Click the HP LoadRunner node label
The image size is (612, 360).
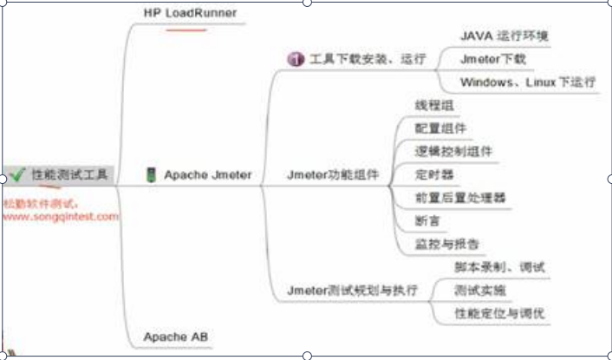click(190, 12)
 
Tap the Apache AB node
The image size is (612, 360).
click(176, 336)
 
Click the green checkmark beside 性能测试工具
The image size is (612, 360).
click(16, 174)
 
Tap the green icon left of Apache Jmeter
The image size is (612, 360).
click(151, 174)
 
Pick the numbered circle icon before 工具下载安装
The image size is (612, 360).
click(295, 60)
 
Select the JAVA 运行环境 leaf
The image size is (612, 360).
click(503, 36)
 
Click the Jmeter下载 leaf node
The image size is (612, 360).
click(492, 59)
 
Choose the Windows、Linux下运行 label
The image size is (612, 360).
click(527, 82)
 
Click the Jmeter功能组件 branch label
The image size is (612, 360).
click(333, 174)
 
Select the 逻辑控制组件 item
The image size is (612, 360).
click(454, 151)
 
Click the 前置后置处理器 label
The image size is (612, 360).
click(460, 198)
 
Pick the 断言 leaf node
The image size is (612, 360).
click(427, 221)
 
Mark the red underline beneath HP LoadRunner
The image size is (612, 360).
click(186, 29)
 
